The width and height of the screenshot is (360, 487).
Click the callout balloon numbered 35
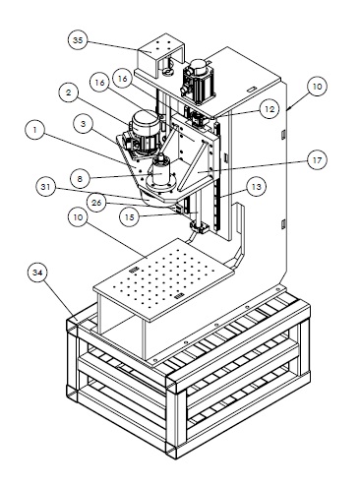click(x=78, y=40)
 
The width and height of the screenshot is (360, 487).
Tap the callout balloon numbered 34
click(x=37, y=273)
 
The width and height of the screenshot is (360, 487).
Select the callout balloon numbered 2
click(x=68, y=92)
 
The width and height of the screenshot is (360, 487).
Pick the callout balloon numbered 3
click(x=83, y=124)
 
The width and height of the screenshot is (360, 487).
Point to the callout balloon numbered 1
click(x=34, y=130)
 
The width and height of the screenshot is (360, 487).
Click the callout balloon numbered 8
click(x=81, y=179)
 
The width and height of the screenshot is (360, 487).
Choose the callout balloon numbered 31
click(x=46, y=187)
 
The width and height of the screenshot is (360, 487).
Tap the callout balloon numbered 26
click(x=96, y=203)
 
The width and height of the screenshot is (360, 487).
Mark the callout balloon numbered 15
click(x=130, y=217)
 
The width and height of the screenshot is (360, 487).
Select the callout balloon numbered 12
click(x=269, y=109)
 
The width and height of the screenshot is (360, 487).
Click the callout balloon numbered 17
click(x=317, y=160)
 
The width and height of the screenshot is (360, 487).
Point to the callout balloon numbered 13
click(x=257, y=187)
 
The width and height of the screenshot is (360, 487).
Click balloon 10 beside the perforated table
click(x=79, y=217)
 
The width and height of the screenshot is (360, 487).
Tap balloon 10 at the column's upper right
click(x=317, y=87)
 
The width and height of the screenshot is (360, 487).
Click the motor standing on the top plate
click(x=198, y=78)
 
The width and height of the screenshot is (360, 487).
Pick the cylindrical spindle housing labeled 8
click(x=160, y=175)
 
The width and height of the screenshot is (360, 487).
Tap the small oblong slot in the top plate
click(x=252, y=90)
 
